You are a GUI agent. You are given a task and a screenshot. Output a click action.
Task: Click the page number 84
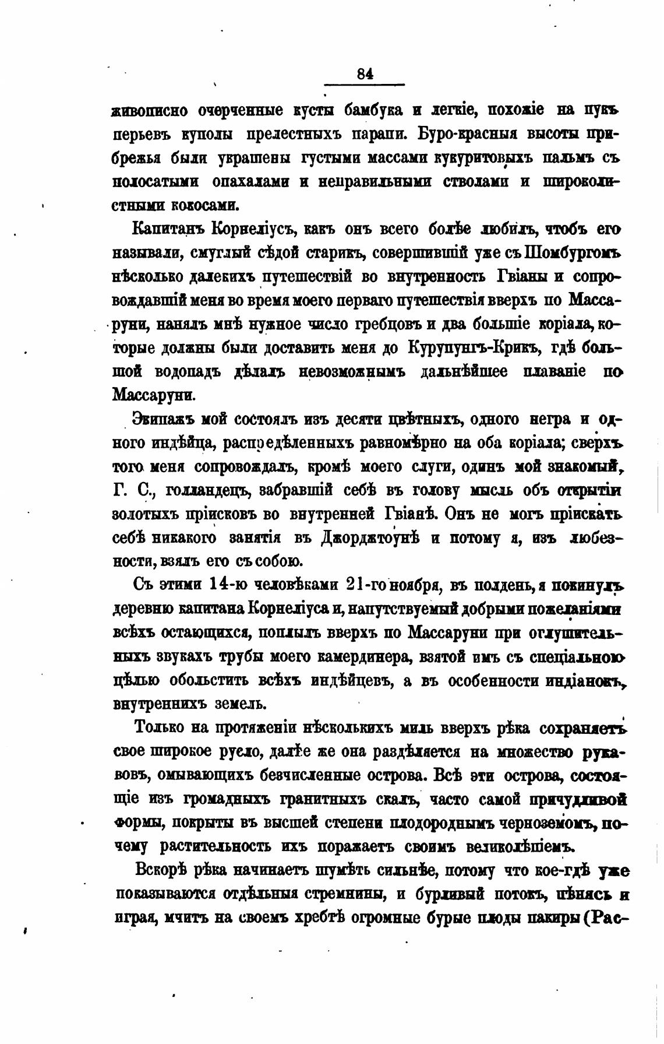[x=365, y=73]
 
